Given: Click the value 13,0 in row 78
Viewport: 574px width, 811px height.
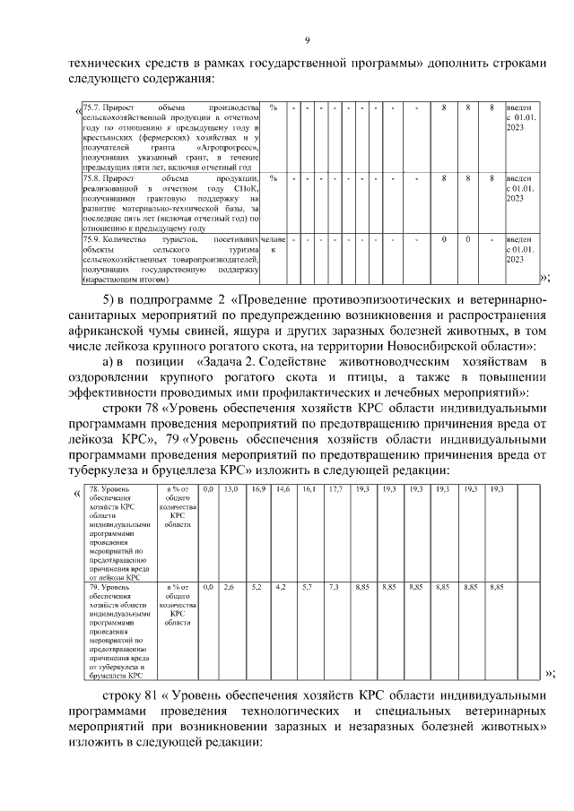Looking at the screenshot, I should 230,489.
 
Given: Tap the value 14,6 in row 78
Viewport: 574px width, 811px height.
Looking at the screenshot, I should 283,489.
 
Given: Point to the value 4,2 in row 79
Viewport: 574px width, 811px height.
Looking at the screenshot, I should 282,587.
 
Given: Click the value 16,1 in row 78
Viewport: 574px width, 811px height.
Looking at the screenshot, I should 309,489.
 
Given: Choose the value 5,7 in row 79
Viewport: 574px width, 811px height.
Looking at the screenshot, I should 308,587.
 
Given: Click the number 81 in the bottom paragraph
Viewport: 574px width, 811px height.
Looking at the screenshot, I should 150,695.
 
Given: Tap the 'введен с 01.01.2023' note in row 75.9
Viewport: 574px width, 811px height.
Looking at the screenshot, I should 520,249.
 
